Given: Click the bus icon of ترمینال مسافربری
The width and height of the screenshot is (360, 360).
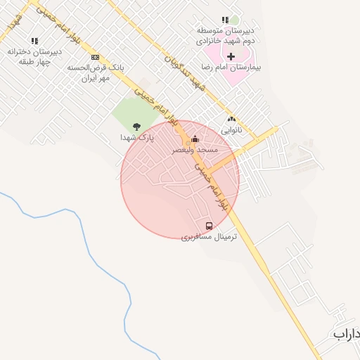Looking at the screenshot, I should (209, 226).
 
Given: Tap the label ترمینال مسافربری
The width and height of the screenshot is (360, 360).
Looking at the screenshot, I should (209, 237).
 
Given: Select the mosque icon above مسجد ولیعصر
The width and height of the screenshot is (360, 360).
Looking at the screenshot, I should (195, 139).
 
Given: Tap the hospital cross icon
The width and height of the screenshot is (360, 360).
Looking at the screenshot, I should (231, 56).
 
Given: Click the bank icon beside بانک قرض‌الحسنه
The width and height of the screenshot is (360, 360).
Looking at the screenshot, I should (95, 57).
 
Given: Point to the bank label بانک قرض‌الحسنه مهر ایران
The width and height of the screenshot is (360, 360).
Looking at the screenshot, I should (96, 72).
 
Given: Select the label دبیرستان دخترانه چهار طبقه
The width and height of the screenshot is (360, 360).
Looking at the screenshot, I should (34, 56).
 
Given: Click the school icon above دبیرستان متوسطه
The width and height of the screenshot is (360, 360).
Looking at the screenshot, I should (225, 20).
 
